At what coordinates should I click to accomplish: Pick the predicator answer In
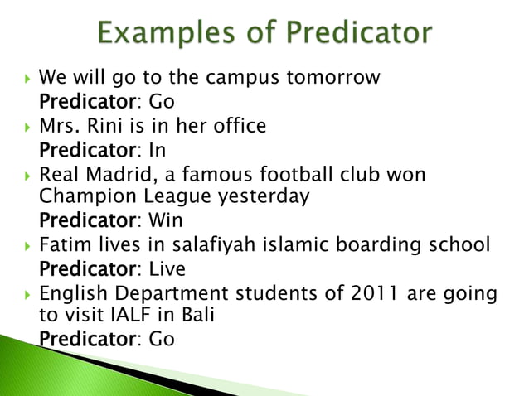pyautogui.click(x=158, y=151)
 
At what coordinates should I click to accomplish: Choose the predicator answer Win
pyautogui.click(x=164, y=221)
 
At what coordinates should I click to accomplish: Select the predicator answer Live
pyautogui.click(x=167, y=269)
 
